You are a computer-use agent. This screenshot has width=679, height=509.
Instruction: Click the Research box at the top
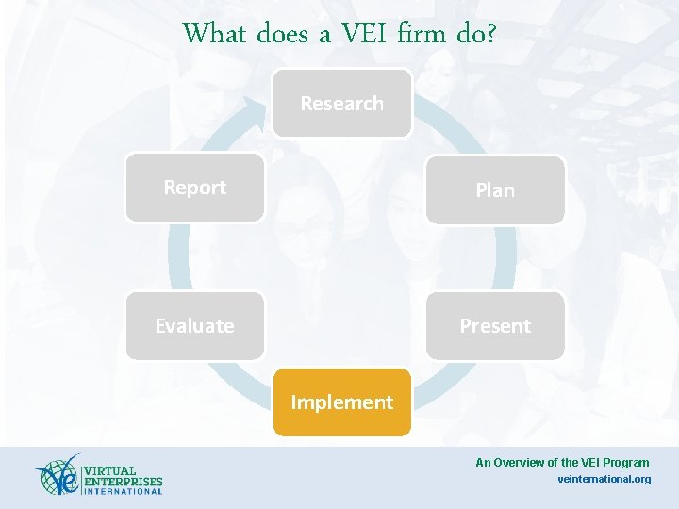point(341,104)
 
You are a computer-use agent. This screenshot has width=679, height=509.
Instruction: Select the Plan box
point(495,190)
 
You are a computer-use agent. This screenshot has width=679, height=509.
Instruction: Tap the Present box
point(495,326)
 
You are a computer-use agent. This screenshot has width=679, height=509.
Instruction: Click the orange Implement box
point(341,402)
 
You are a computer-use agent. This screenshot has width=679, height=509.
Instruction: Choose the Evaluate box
point(195,326)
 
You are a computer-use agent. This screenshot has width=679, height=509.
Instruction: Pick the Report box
point(195,188)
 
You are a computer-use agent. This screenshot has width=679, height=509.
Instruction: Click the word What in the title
point(214,34)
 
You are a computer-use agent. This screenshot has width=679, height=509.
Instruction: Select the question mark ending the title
point(489,34)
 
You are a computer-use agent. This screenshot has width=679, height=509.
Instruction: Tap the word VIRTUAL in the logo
point(109,470)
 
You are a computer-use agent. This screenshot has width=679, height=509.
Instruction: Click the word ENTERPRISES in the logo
point(123,481)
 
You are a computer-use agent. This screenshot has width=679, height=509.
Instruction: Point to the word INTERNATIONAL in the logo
point(123,491)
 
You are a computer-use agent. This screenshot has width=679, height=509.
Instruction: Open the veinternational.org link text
point(604,479)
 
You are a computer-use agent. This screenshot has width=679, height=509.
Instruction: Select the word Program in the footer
point(627,462)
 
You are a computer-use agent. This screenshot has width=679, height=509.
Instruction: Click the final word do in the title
point(469,34)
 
